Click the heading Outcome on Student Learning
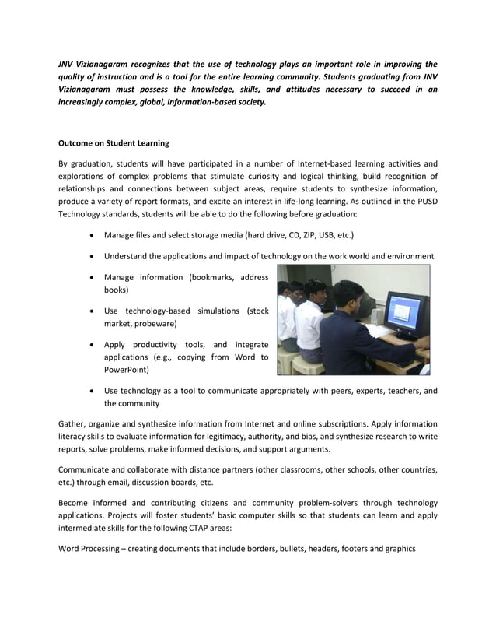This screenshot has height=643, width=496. point(114,144)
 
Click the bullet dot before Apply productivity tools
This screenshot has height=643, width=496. point(94,345)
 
